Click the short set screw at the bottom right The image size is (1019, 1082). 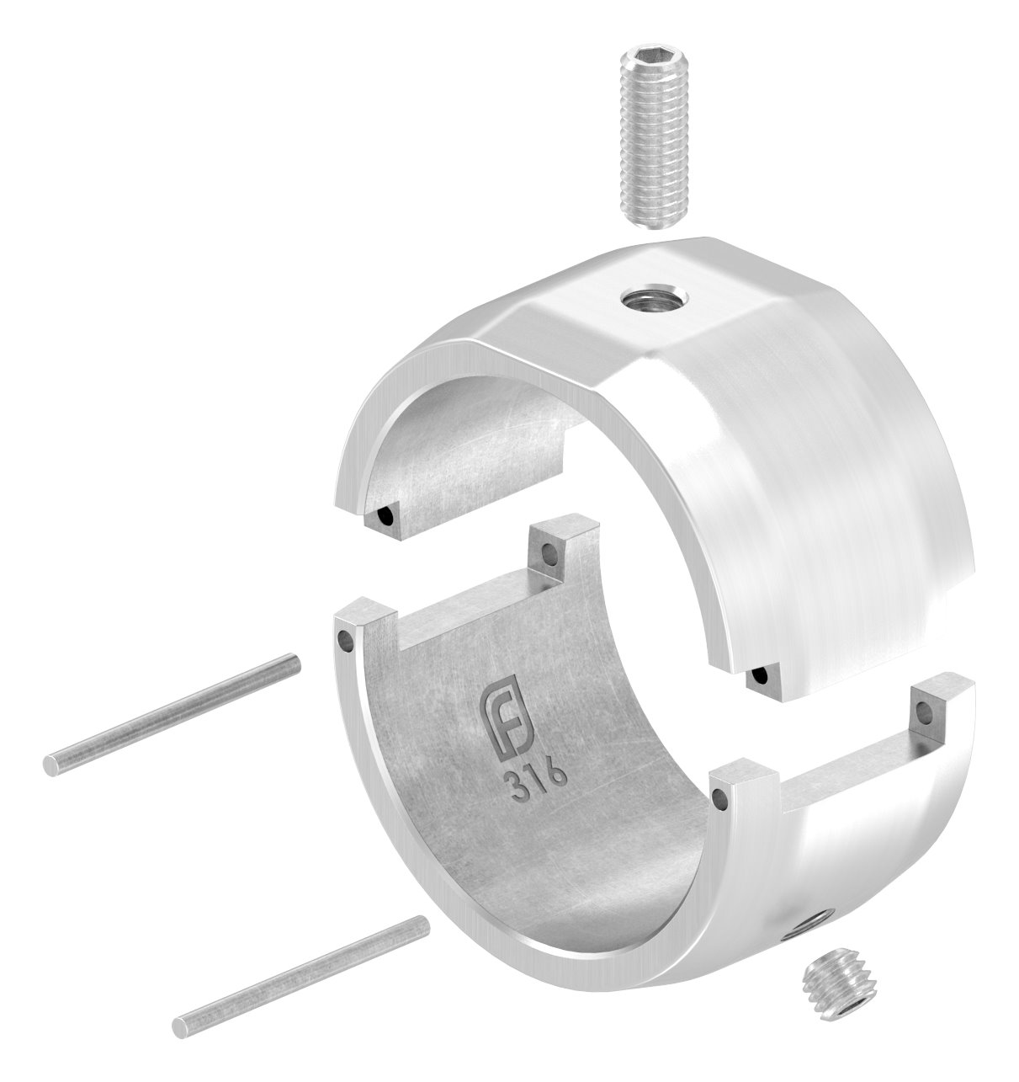[x=834, y=995]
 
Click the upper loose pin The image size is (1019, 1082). [x=172, y=715]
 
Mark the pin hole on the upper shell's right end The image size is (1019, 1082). [x=760, y=677]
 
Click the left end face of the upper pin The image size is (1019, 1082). [x=51, y=765]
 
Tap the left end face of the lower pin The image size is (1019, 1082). [x=179, y=1026]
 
